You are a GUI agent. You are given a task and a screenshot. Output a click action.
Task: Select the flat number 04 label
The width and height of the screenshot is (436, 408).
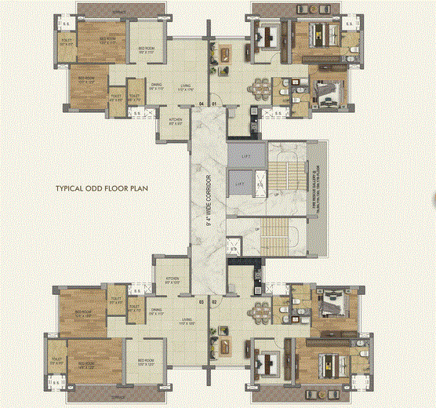(202, 104)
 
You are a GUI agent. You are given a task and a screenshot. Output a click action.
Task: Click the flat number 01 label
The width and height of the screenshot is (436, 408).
(213, 104)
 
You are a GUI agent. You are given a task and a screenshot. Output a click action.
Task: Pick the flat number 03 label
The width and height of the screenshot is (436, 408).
(202, 301)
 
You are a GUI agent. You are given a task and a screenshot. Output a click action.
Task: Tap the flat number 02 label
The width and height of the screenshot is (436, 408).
(213, 301)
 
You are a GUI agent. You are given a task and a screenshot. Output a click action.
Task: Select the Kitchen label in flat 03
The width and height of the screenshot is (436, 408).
(173, 280)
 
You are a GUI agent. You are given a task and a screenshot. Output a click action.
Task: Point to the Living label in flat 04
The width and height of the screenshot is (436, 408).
(185, 87)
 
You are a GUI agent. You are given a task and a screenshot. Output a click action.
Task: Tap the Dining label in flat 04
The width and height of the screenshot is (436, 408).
(157, 87)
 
